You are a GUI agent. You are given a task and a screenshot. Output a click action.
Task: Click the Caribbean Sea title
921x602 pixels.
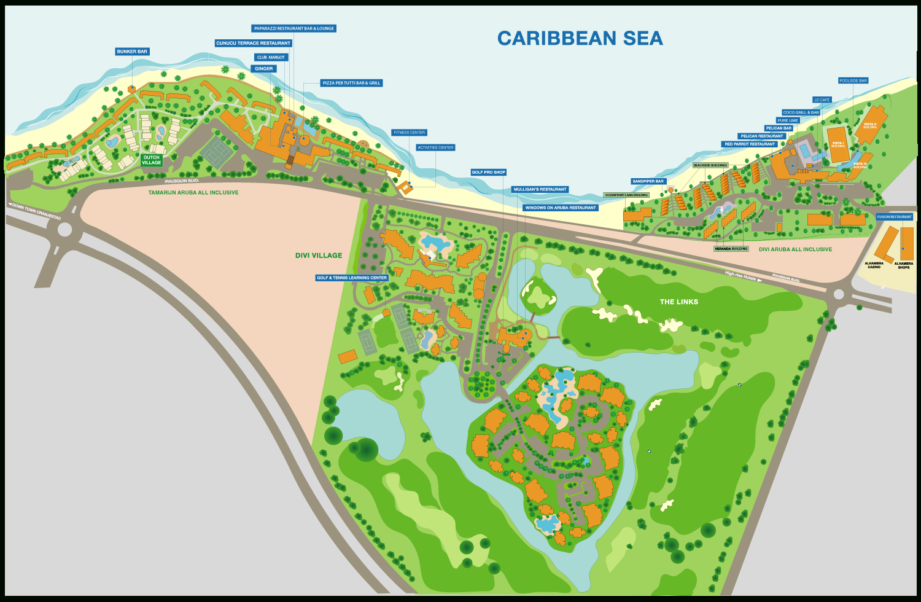[580, 38]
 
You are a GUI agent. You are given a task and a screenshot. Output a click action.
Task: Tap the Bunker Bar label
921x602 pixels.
[132, 52]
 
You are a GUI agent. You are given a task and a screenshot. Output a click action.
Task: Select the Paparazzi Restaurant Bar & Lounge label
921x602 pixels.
[294, 28]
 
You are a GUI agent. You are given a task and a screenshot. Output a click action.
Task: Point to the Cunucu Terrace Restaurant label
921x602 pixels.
[253, 43]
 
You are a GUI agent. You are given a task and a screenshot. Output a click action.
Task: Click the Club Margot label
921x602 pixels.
[271, 57]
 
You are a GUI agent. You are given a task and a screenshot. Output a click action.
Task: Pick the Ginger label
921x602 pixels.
[263, 69]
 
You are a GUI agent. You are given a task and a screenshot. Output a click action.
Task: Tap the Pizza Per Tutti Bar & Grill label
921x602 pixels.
[352, 83]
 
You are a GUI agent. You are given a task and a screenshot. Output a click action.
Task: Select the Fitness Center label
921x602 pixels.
[409, 133]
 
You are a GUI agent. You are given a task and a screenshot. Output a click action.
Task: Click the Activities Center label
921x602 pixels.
[435, 147]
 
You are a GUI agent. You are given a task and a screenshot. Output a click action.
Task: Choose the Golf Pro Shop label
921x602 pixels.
[489, 172]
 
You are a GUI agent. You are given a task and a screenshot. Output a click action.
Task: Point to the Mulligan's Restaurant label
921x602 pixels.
[540, 189]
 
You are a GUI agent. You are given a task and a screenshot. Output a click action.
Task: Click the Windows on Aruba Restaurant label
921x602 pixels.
[561, 208]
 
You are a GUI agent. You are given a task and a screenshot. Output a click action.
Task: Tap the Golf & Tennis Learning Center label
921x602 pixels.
[352, 278]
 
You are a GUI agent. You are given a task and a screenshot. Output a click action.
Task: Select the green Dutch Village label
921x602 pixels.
[151, 160]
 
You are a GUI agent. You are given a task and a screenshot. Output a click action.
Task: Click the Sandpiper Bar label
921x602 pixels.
[648, 181]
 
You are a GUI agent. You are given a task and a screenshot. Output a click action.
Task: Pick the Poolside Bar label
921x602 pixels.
[853, 80]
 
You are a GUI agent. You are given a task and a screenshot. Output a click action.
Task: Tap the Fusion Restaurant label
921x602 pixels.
[895, 217]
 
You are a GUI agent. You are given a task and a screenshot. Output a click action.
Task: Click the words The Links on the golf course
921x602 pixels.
[678, 302]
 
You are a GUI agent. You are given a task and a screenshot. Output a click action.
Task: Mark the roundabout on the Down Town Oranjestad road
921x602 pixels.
[64, 230]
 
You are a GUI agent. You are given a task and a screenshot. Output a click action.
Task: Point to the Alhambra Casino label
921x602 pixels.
[874, 265]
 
